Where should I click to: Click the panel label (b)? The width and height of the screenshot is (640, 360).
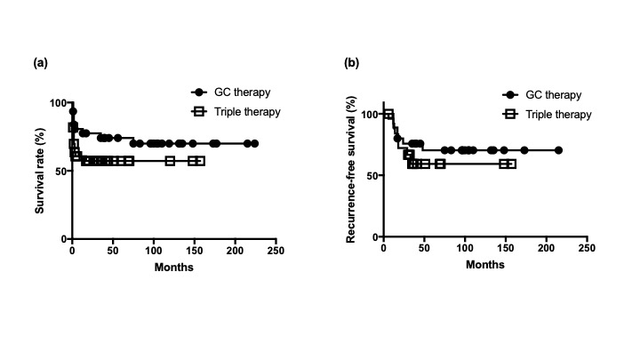click(351, 63)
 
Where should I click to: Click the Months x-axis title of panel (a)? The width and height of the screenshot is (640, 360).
click(174, 267)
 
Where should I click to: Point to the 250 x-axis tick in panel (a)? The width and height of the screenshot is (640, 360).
click(276, 252)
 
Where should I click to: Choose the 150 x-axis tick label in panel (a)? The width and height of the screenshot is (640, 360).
click(195, 252)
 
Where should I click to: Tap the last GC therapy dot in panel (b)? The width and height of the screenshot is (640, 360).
click(558, 150)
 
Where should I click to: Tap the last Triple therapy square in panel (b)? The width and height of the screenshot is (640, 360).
click(510, 164)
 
